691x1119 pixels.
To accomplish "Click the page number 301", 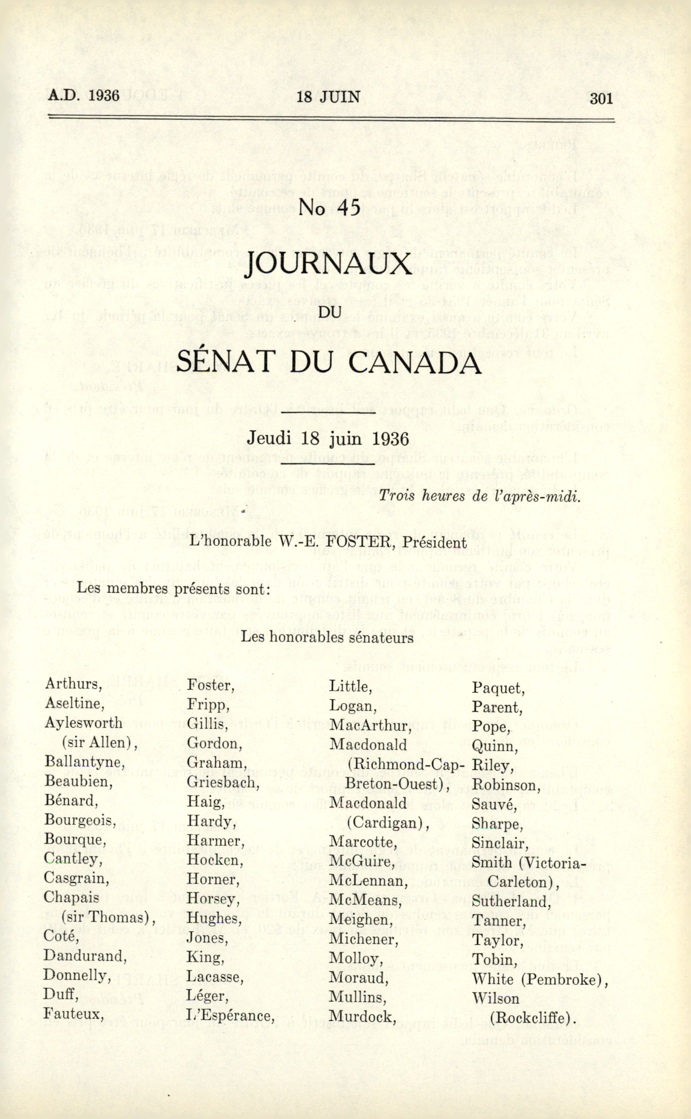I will pos(601,98).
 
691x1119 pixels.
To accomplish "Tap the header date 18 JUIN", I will pos(328,97).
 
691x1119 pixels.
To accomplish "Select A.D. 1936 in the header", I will pos(84,95).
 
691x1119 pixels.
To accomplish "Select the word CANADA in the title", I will pos(414,363).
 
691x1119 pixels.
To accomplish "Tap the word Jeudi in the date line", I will pos(269,438).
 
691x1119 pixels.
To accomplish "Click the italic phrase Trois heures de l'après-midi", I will pos(480,496).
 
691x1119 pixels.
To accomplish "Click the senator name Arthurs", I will pos(73,684).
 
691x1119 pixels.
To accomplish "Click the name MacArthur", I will pos(370,726).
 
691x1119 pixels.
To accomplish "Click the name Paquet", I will pos(498,688).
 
